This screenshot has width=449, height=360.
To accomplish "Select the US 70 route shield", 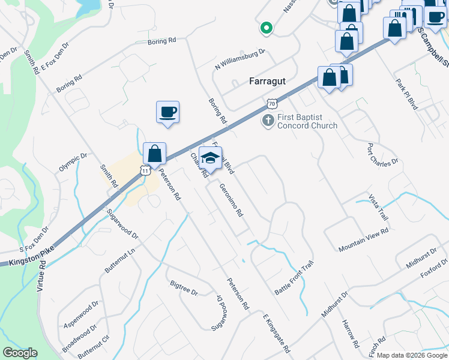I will tap(273, 103).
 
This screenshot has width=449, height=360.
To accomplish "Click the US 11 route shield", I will tap(145, 170).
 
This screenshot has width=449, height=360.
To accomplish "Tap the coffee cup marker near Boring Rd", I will tap(167, 112).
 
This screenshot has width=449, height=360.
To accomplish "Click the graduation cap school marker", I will tap(210, 158).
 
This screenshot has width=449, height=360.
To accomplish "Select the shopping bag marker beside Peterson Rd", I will tap(155, 154).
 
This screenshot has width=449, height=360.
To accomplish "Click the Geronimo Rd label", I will tap(231, 200).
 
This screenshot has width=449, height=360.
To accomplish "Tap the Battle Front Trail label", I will tap(294, 277).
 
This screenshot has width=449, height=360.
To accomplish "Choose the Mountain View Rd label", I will tap(363, 239).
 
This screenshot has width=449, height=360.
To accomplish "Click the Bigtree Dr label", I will tap(184, 287).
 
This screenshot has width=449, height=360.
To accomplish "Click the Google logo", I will tap(20, 353).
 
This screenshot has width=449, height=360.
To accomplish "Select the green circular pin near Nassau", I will tap(265, 28).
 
